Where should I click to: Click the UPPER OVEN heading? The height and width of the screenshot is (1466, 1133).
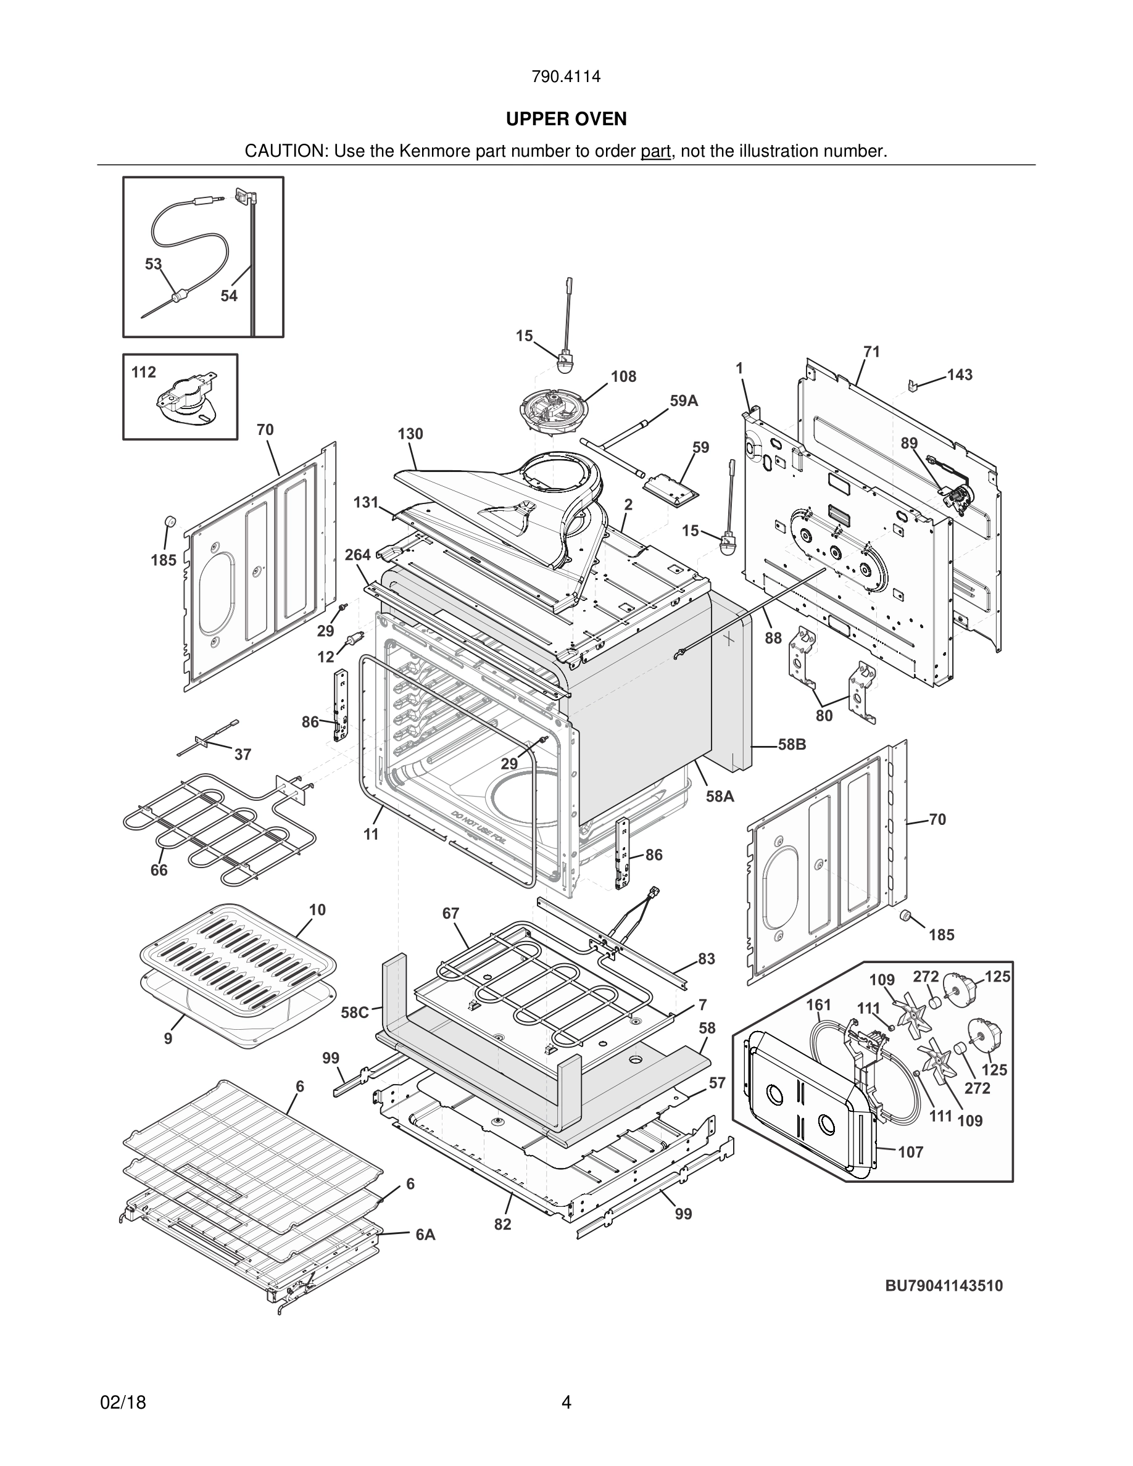566,119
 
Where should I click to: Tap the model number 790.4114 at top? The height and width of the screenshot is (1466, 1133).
566,77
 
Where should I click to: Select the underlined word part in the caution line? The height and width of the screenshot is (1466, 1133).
655,151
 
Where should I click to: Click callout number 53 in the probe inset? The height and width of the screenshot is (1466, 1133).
154,264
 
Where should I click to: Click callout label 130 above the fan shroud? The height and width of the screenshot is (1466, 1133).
410,434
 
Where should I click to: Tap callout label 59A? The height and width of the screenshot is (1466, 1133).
683,400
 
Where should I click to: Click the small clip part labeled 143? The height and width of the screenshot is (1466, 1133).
913,386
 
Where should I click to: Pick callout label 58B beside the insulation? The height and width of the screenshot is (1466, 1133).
792,744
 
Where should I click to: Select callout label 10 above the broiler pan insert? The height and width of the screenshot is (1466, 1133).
317,909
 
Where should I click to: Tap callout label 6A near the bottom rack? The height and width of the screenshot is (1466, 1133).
425,1235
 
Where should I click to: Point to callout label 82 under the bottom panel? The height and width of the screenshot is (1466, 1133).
503,1224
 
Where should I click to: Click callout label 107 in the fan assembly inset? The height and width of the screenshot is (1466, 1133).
911,1152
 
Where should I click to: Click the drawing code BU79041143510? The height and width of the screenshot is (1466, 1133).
944,1285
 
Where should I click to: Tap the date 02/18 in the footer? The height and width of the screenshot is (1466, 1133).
123,1402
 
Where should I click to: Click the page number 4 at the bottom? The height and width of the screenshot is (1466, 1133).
566,1402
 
